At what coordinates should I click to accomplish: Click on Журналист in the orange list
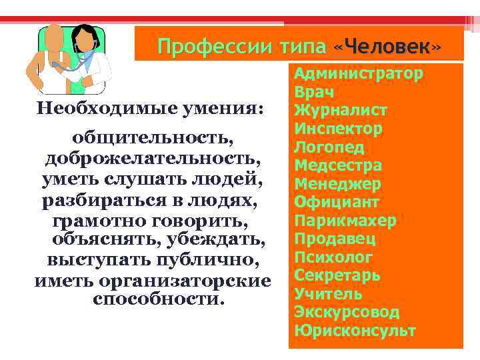(x=341, y=110)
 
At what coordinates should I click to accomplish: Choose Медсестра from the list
(x=338, y=165)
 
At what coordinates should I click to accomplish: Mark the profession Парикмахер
(x=345, y=220)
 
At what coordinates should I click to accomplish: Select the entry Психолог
(x=333, y=257)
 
